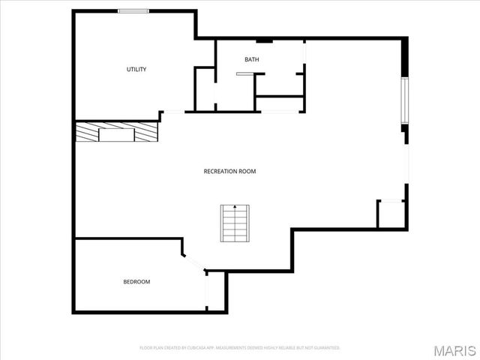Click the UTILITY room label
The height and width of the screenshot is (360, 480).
click(x=136, y=70)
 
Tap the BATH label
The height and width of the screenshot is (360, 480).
click(x=251, y=59)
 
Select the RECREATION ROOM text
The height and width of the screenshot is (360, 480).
click(x=229, y=171)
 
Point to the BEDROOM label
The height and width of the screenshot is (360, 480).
click(x=136, y=282)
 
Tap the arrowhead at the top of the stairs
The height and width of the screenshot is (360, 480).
click(x=235, y=206)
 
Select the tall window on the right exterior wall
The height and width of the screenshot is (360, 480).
click(x=405, y=99)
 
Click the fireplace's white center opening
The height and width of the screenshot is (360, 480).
click(x=118, y=135)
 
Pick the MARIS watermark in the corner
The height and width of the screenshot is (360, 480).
click(x=454, y=350)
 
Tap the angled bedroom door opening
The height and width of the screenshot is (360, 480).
click(x=194, y=263)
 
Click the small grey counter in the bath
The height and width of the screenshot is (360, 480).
click(x=245, y=73)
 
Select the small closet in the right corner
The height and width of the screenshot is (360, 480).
click(x=391, y=213)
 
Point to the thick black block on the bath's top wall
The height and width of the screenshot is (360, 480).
click(x=264, y=40)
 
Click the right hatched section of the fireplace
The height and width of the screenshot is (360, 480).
click(x=147, y=133)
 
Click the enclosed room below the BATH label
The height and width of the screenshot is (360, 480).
click(x=279, y=104)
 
